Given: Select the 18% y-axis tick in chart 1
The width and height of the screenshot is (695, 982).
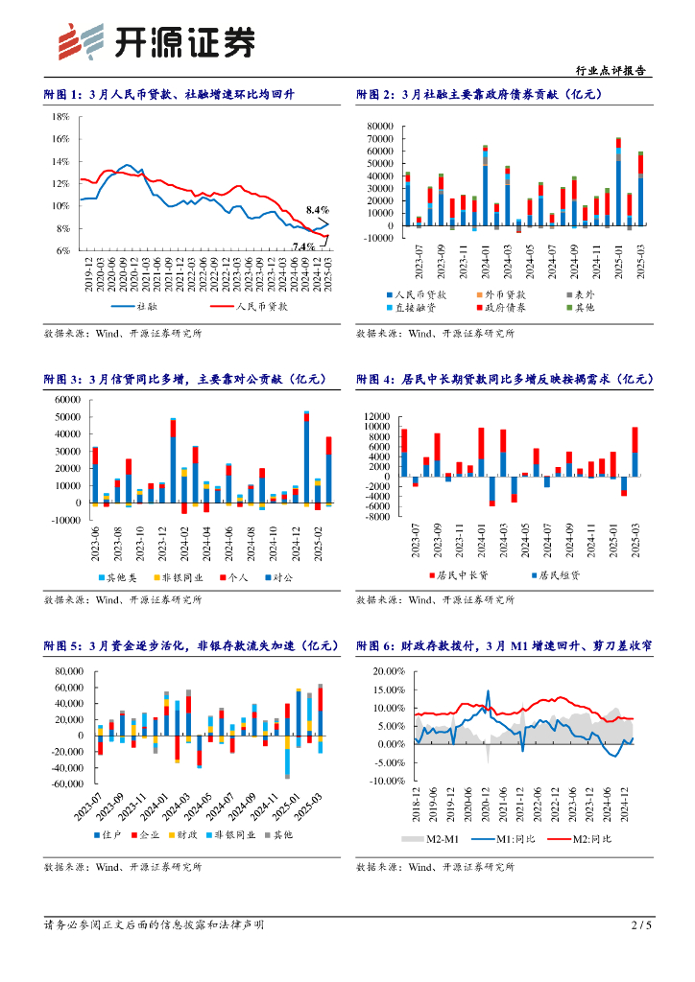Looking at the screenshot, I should pyautogui.click(x=60, y=116).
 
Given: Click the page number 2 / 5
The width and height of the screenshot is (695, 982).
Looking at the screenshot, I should pyautogui.click(x=641, y=924).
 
